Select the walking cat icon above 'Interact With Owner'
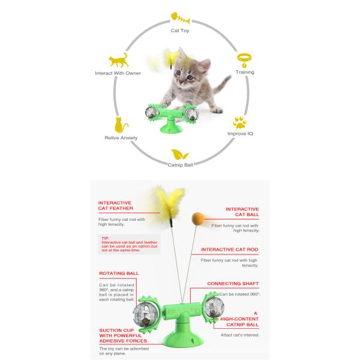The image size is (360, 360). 118,61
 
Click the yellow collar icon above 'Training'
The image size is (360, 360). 244,59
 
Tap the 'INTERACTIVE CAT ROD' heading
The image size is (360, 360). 230,248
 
